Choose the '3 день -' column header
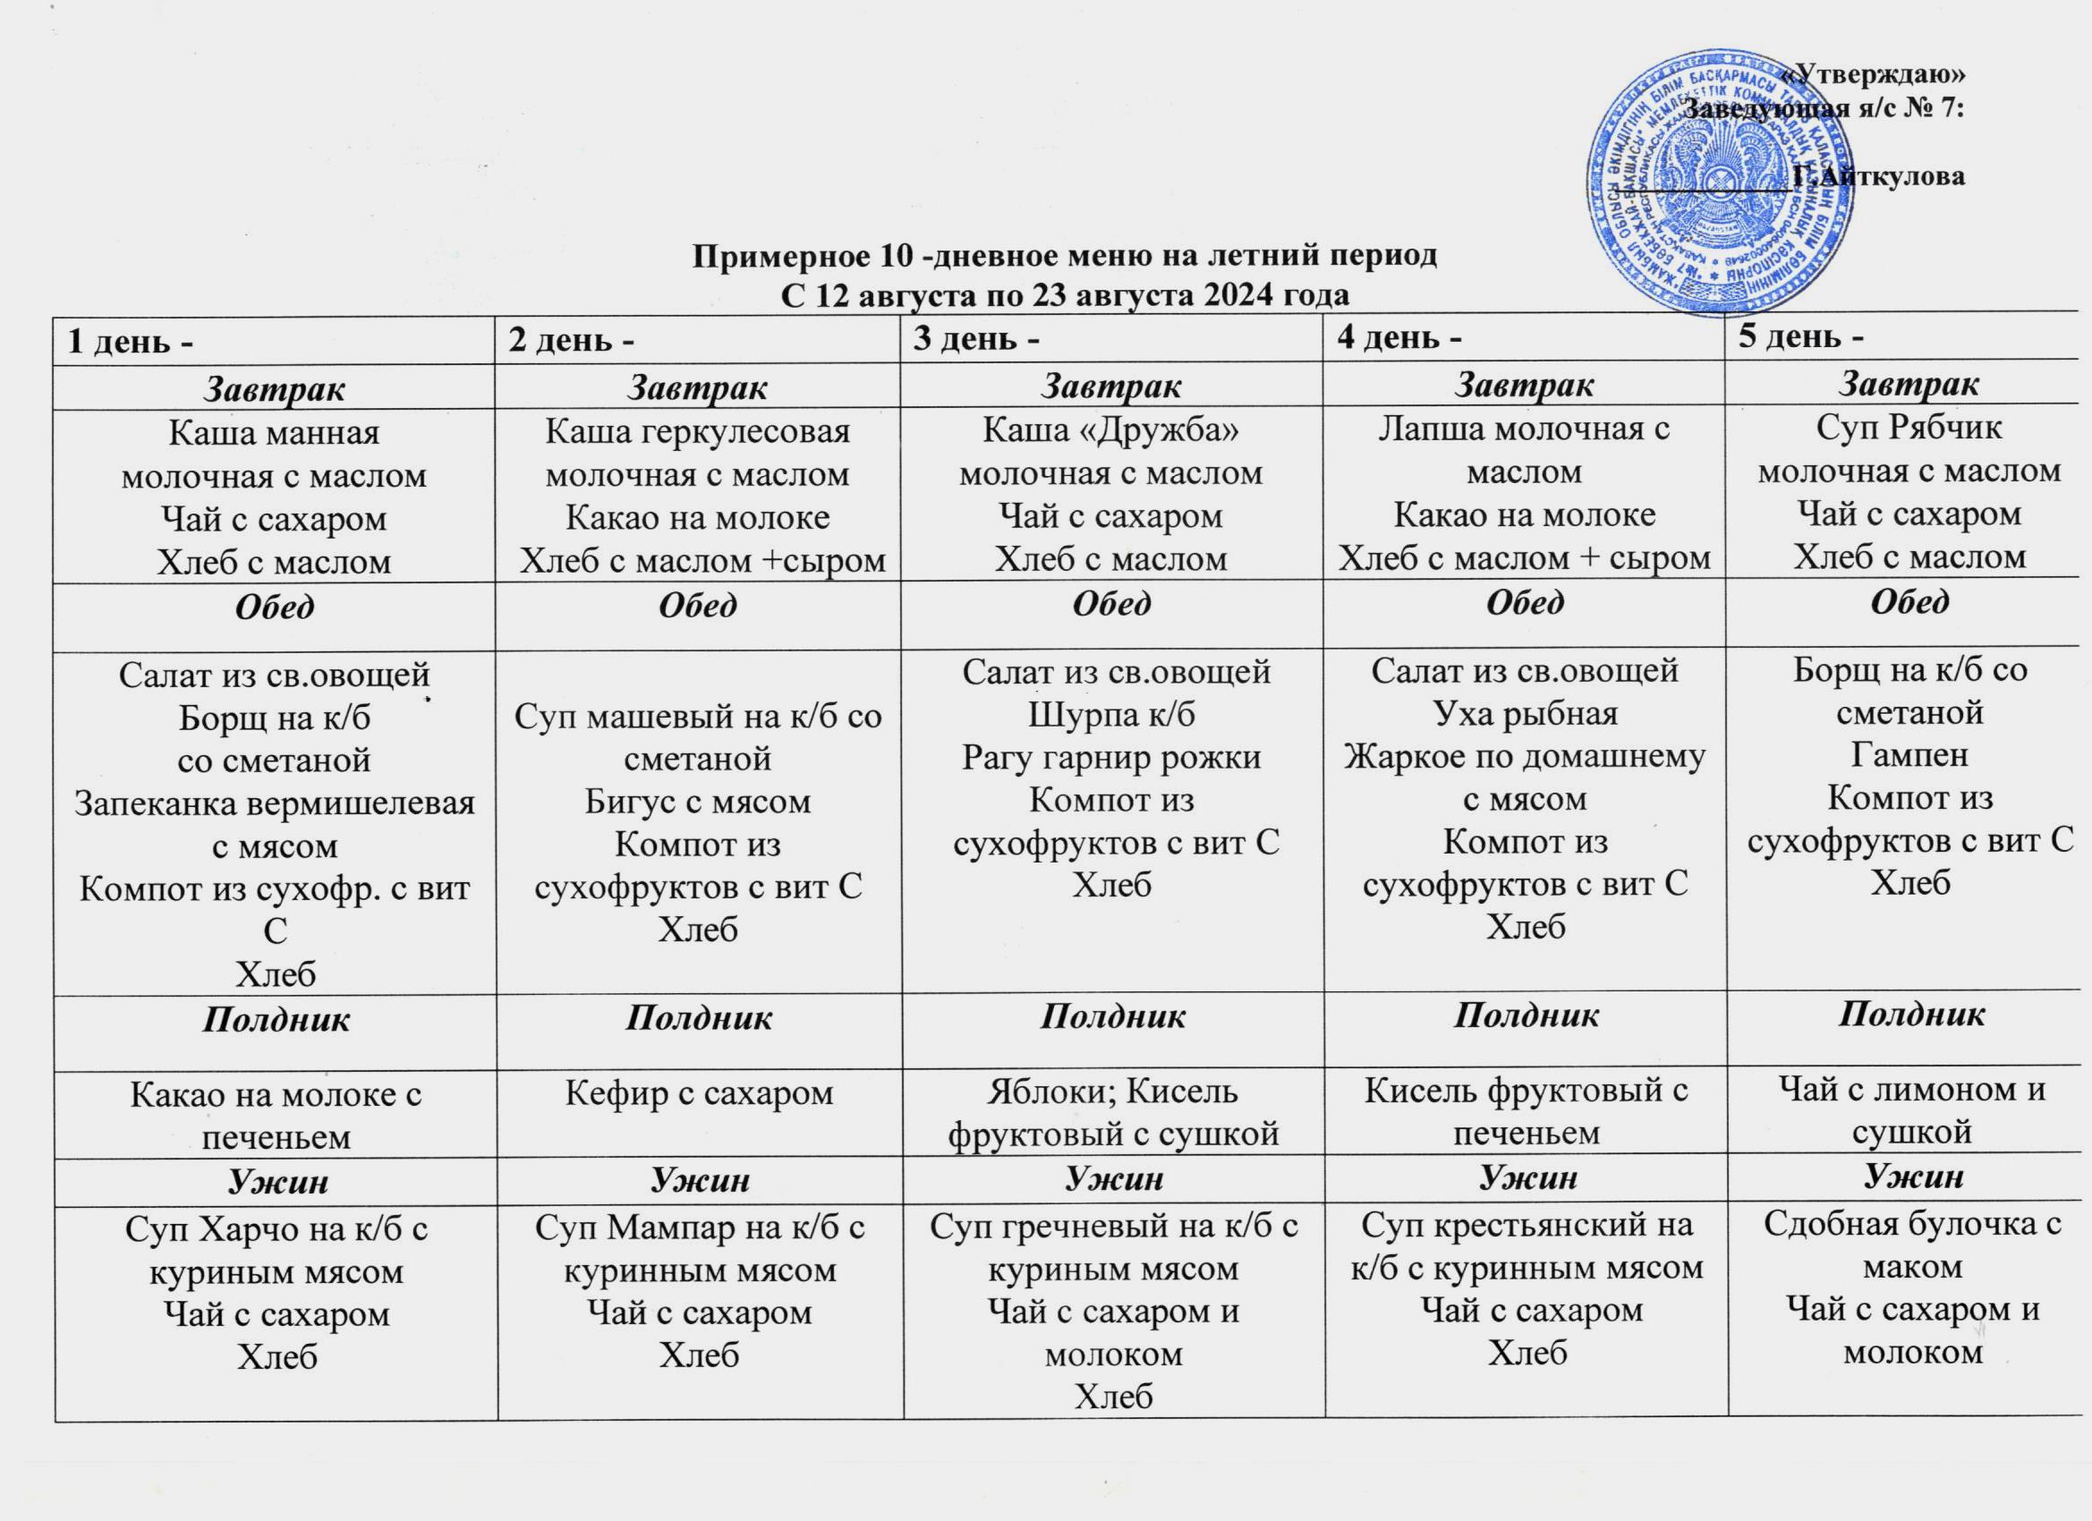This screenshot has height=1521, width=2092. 976,339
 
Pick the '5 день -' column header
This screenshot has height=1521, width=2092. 1800,337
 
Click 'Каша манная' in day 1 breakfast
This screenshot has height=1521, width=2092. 274,434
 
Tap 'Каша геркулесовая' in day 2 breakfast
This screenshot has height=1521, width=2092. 697,431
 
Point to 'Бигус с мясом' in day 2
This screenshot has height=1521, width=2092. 697,802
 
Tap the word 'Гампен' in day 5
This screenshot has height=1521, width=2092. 1909,755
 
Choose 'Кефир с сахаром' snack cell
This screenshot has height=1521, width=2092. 697,1093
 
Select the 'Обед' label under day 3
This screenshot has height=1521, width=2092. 1111,604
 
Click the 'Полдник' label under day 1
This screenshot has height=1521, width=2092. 276,1019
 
